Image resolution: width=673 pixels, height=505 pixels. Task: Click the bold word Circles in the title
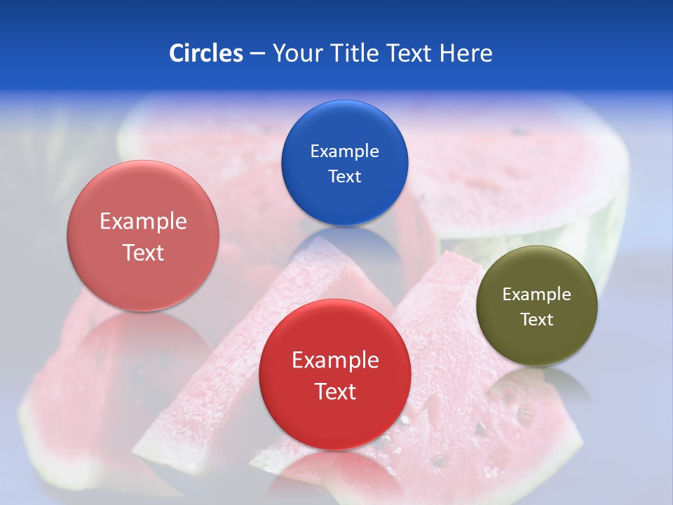coord(206,53)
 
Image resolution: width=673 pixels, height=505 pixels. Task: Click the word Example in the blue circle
coord(344,151)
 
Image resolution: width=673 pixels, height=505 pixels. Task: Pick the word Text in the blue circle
coord(344,176)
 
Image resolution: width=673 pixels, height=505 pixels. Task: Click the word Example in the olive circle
coord(537,294)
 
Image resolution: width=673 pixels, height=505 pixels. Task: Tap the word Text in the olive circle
coord(537,319)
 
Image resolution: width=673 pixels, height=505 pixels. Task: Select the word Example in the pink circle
coord(143,221)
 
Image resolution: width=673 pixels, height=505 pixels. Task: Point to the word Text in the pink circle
coord(143,252)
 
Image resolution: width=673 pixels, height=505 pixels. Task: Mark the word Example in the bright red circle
coord(335,360)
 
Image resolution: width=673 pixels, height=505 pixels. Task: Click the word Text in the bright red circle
coord(335,391)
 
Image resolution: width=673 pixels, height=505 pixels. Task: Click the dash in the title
coord(257,54)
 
